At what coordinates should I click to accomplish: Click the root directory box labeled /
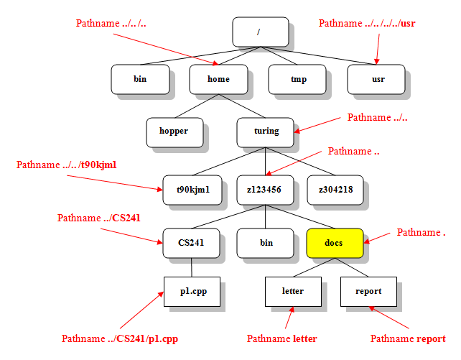tap(260, 32)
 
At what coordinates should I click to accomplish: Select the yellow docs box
tap(334, 243)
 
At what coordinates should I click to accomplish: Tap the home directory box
tap(218, 79)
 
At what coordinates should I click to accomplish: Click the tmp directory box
tap(297, 79)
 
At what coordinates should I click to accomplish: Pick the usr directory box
tap(376, 79)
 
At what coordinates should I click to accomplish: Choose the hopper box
tap(173, 131)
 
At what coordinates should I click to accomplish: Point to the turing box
tap(266, 131)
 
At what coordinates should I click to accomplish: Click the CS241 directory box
tap(190, 243)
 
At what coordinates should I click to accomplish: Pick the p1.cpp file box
tap(192, 291)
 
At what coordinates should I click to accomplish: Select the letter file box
tap(293, 291)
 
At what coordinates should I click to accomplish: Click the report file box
tap(368, 291)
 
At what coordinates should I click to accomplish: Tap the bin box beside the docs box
tap(266, 243)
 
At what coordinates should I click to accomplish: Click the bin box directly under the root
tap(140, 79)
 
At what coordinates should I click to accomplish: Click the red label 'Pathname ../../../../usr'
tap(367, 23)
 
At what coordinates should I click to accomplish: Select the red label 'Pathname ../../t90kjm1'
tap(66, 165)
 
